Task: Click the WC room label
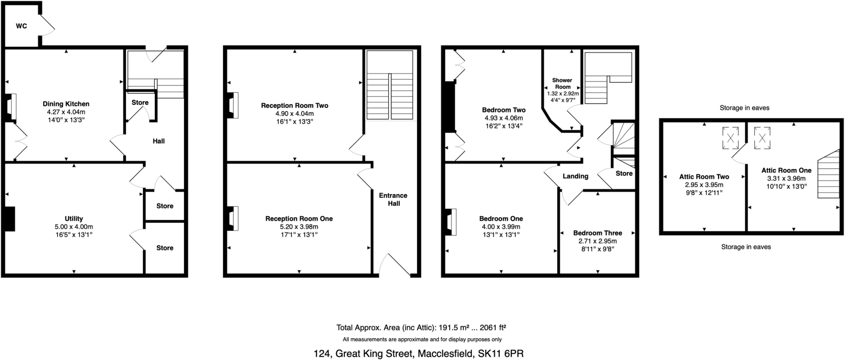[21, 26]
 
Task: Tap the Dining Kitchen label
[66, 104]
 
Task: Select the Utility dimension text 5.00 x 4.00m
[74, 227]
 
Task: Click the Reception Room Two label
[295, 106]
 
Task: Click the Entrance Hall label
[393, 199]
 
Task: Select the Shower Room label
[562, 83]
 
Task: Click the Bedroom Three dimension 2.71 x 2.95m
[597, 241]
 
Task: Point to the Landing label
[575, 176]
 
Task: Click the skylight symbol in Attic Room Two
[730, 138]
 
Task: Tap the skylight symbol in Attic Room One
[762, 138]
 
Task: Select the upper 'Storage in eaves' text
[744, 108]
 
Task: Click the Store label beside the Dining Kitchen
[140, 102]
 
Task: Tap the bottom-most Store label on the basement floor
[165, 248]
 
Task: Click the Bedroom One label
[501, 219]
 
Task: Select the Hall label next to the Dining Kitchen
[158, 141]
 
